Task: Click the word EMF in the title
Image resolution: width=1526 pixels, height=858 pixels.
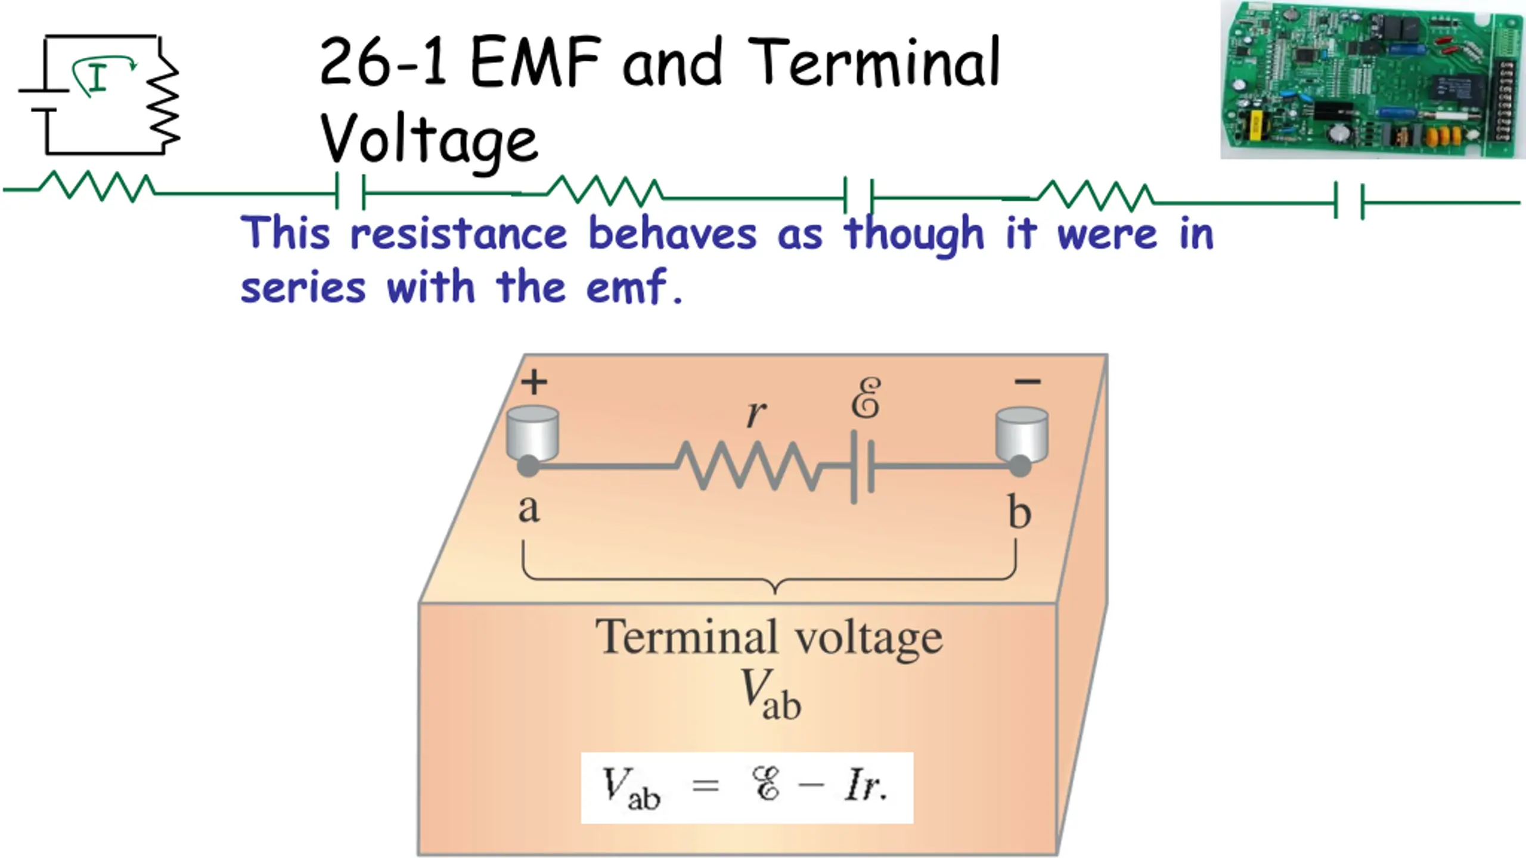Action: [535, 62]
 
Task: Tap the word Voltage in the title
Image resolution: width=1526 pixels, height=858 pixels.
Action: [429, 139]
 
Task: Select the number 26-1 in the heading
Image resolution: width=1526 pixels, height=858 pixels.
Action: [383, 62]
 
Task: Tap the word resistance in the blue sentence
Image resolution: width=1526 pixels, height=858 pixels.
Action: [458, 234]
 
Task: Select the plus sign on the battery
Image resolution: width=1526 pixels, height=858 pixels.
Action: [534, 382]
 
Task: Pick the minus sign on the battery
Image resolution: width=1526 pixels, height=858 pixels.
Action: [1028, 381]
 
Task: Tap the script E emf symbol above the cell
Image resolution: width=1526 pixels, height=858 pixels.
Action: [866, 398]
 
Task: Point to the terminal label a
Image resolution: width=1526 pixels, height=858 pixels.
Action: [529, 509]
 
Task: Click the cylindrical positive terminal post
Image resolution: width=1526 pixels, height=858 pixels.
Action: [532, 432]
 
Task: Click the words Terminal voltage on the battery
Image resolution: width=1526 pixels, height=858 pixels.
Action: [769, 638]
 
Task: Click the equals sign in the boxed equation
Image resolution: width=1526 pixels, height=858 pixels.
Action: [706, 786]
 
